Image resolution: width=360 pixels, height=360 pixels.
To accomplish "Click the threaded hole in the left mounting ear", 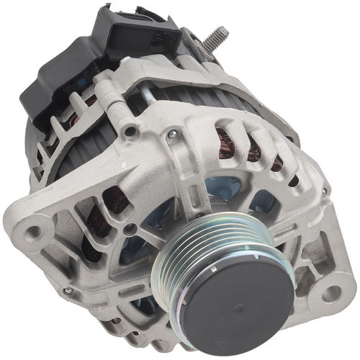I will [x=32, y=232].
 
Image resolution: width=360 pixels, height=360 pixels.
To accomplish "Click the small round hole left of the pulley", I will [x=129, y=229].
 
